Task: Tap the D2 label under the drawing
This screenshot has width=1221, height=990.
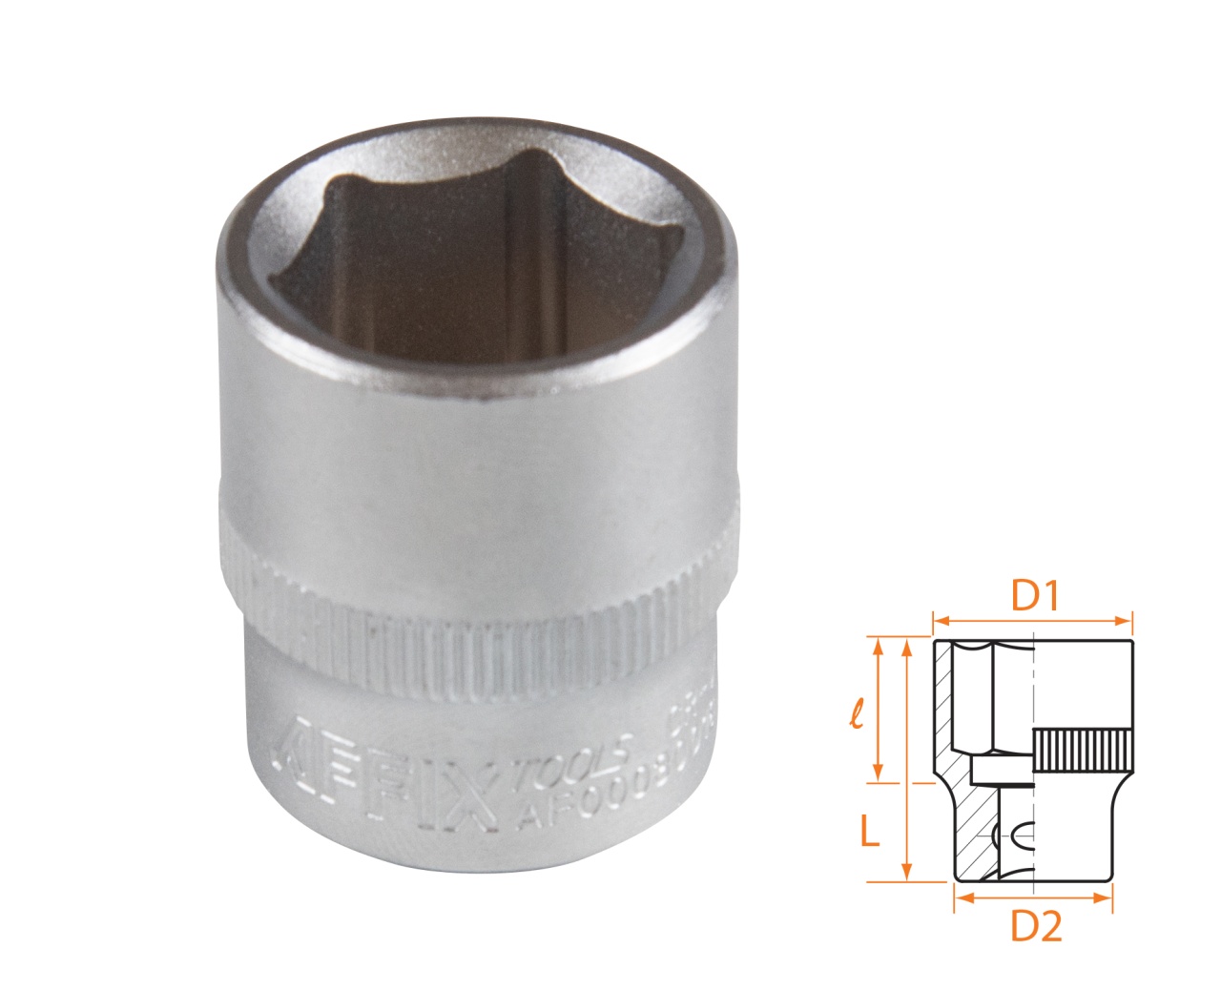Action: click(1035, 926)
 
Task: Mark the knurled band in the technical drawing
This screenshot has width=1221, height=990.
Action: click(1083, 751)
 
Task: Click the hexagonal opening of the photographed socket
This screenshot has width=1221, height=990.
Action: click(477, 248)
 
